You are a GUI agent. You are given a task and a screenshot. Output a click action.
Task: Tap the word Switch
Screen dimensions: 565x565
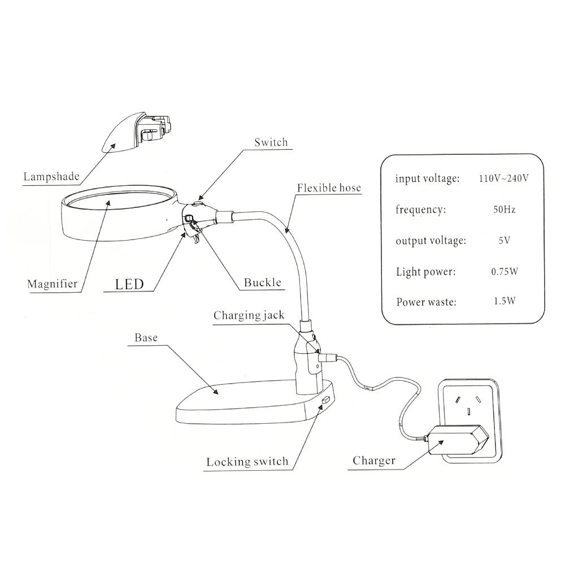(271, 142)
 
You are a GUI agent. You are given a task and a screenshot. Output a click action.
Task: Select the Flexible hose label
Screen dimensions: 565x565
(329, 188)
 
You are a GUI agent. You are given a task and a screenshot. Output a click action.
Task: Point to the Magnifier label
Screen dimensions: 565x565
(52, 284)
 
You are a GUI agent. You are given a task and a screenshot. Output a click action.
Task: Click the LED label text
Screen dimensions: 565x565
(129, 283)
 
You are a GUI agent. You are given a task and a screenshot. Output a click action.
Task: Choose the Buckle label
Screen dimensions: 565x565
(262, 282)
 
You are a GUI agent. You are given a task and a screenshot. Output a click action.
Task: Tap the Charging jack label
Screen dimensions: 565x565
(249, 315)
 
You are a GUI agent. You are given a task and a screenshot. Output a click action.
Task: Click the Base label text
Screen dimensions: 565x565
(146, 338)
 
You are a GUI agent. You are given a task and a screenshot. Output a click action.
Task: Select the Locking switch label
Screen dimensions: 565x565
(247, 462)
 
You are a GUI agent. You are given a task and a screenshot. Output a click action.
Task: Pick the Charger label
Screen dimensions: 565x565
(374, 460)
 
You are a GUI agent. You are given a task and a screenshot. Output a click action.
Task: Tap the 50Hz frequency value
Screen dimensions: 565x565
(504, 210)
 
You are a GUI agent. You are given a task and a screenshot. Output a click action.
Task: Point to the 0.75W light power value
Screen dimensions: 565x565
(504, 271)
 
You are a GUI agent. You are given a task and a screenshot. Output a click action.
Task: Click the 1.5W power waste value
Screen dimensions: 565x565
(504, 301)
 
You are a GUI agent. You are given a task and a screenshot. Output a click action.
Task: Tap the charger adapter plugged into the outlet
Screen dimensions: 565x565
(458, 441)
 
